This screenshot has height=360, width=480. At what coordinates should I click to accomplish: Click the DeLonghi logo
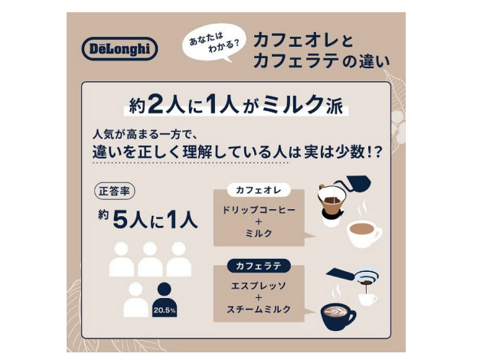click(119, 48)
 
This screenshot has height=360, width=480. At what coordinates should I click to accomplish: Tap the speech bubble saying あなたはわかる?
click(214, 42)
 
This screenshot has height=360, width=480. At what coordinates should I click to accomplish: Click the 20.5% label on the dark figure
click(165, 310)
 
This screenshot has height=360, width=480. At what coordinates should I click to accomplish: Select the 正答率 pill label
click(114, 191)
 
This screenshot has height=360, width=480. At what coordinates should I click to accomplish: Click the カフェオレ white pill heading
click(259, 190)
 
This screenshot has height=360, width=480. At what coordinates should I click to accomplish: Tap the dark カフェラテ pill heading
click(259, 266)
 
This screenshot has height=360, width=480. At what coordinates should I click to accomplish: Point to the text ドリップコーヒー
click(259, 210)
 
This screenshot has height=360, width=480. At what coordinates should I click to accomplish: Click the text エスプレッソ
click(259, 286)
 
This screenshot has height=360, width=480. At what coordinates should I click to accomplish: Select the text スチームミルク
click(259, 309)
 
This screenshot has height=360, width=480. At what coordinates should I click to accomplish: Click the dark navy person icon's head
click(165, 290)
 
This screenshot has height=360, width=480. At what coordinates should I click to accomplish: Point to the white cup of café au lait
click(364, 234)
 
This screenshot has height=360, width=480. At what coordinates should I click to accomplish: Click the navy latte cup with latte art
click(338, 316)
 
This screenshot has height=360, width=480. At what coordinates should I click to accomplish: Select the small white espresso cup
click(367, 299)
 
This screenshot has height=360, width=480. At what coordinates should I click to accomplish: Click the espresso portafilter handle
click(341, 273)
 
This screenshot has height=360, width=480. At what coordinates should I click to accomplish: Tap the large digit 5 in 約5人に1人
click(121, 221)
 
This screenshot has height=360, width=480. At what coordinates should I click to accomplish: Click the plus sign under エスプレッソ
click(259, 297)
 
